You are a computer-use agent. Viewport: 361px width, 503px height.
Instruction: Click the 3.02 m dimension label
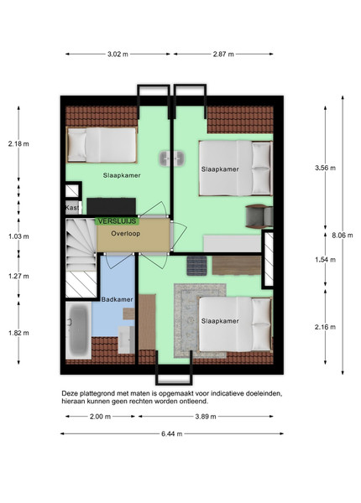click(118, 54)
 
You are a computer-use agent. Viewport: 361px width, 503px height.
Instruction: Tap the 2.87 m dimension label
click(223, 54)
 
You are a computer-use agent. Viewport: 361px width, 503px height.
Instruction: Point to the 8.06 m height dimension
click(343, 235)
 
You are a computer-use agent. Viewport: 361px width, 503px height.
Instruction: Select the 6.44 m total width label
click(172, 433)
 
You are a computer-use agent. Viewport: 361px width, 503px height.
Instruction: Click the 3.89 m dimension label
click(206, 417)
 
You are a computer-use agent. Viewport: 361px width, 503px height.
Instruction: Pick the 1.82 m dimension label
click(18, 333)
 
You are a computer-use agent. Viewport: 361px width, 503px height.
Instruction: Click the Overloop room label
click(126, 234)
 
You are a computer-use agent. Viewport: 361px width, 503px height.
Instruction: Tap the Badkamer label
click(117, 299)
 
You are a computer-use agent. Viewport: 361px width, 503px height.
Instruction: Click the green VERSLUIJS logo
click(117, 221)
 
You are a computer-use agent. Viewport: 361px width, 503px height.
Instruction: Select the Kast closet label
click(72, 208)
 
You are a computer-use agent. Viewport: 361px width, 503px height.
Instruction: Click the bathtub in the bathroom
click(79, 330)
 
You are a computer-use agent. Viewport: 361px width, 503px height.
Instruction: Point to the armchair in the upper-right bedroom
click(259, 216)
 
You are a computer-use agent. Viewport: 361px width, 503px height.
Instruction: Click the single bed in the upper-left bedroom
click(102, 145)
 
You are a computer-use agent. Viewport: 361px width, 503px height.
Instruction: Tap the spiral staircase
click(81, 258)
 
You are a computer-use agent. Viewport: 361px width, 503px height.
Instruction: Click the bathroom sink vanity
click(126, 340)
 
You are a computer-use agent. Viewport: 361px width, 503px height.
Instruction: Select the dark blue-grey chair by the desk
click(197, 266)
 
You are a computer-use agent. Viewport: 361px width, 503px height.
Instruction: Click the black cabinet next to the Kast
click(111, 206)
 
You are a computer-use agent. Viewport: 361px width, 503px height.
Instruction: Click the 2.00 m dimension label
click(100, 417)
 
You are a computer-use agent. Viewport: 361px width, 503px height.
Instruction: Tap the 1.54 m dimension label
click(326, 260)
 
